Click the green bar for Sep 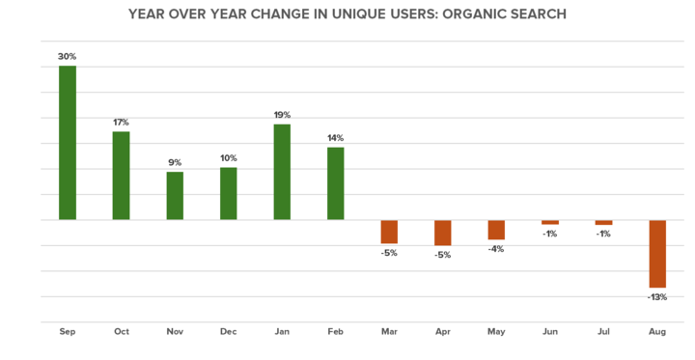(68, 143)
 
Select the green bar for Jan (282, 172)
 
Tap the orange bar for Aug (657, 254)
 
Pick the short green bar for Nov (175, 196)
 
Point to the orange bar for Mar (389, 232)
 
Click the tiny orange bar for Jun (550, 223)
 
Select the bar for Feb (336, 183)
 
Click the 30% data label (68, 57)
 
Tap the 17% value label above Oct (121, 123)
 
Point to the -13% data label (657, 297)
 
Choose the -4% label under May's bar (496, 249)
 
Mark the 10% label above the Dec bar (229, 158)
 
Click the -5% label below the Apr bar (443, 255)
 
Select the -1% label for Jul (603, 235)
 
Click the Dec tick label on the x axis (229, 332)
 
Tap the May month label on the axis (496, 332)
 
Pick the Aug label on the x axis (657, 332)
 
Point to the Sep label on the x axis (68, 332)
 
